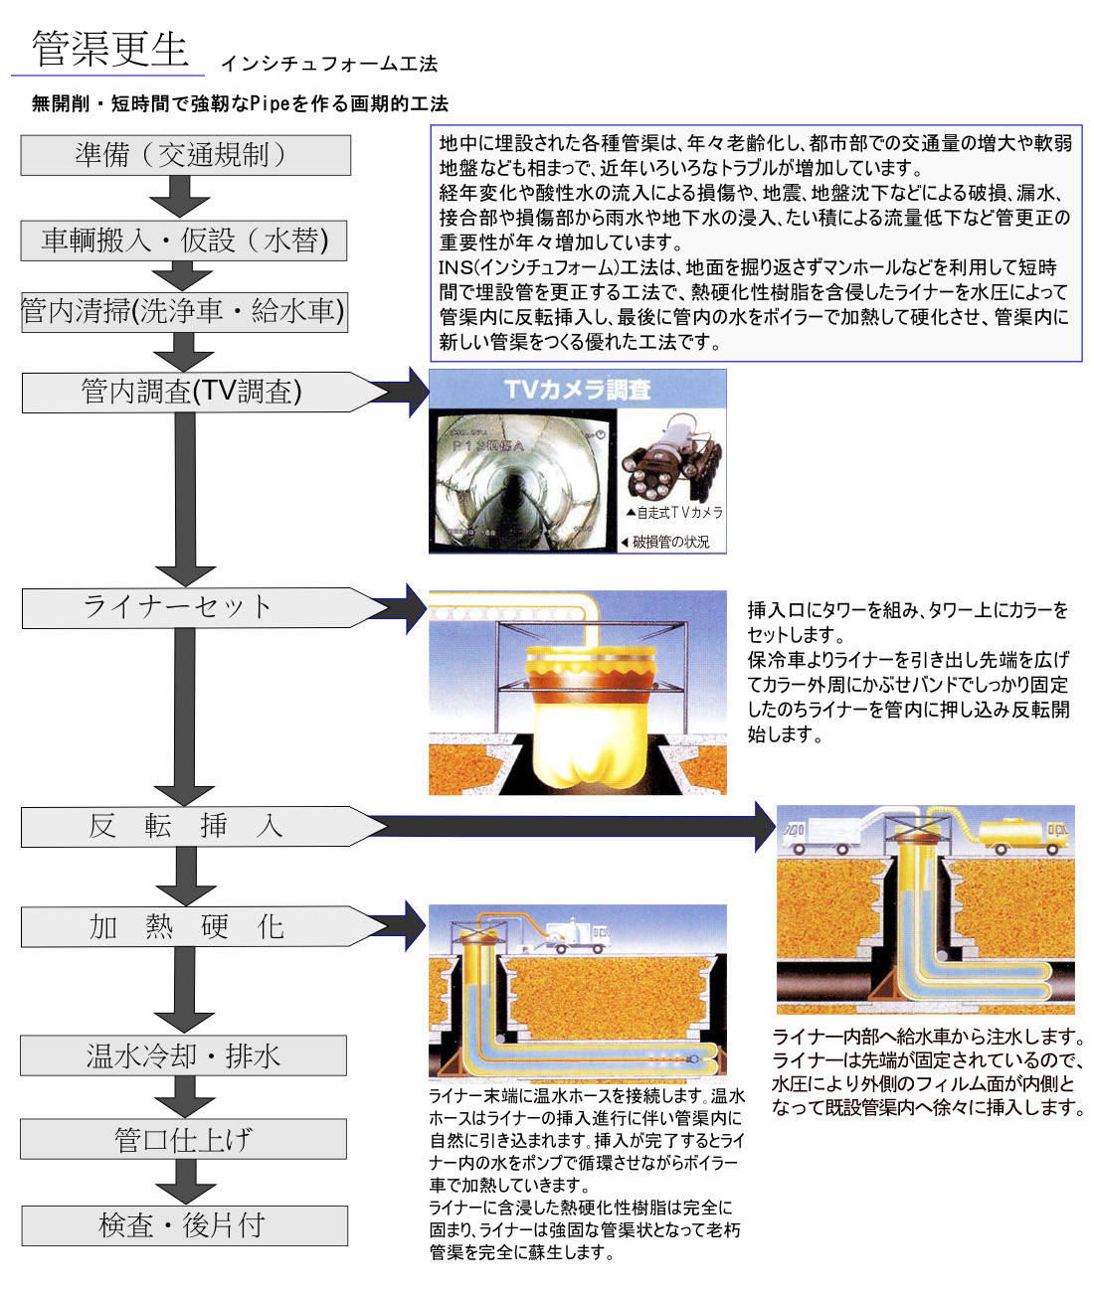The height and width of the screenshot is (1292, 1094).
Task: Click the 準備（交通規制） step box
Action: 185,155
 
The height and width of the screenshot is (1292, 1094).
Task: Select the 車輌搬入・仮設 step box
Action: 184,241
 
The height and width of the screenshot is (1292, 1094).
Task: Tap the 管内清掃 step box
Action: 184,312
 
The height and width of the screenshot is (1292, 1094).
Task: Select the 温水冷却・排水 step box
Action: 184,1055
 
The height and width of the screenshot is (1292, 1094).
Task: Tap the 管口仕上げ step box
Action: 184,1139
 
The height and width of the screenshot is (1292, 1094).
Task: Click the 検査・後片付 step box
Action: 184,1225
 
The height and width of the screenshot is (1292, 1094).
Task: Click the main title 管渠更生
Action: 109,49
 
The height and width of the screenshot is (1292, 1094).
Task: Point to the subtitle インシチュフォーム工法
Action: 329,64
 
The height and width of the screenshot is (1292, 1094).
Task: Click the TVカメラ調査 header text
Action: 577,390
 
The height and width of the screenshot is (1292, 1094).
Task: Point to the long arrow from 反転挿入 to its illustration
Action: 577,826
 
